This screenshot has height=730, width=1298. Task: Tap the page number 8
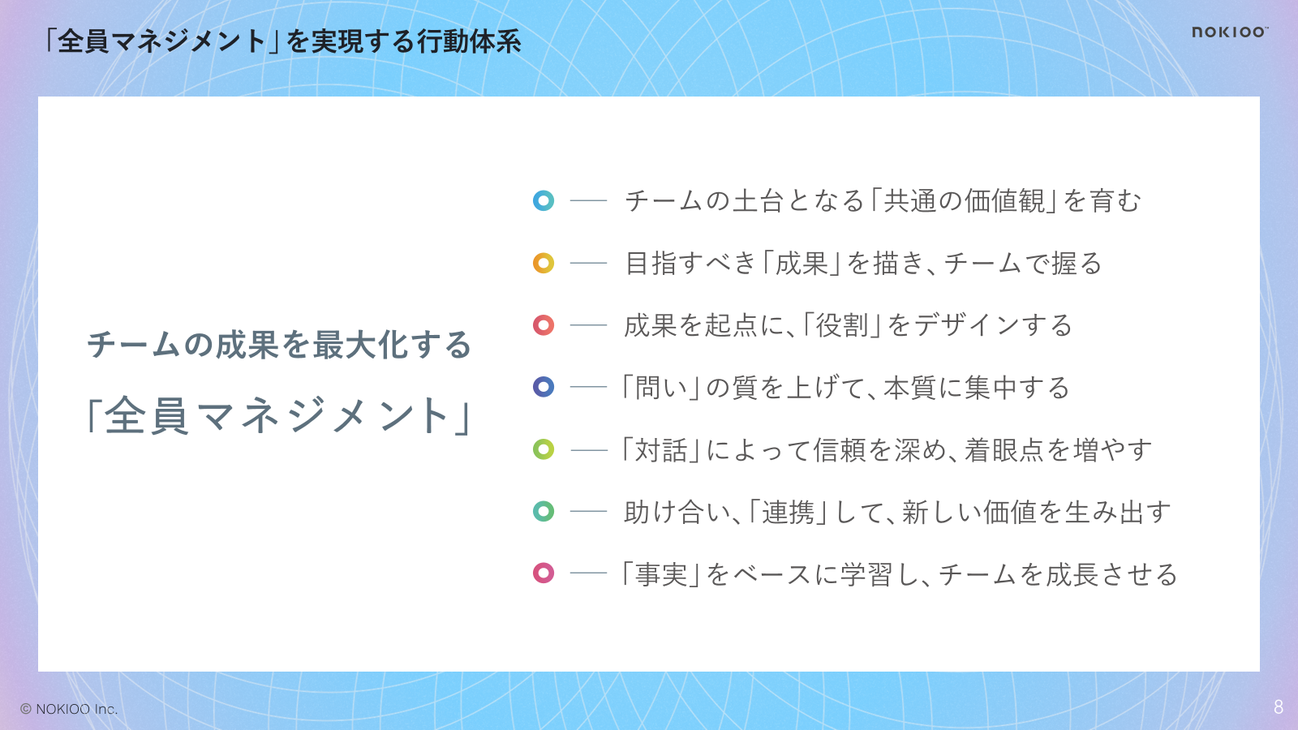pos(1279,706)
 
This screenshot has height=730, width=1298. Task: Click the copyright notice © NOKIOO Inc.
pos(69,709)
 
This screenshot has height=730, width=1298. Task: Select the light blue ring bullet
pos(544,200)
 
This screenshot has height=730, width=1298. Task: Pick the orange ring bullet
pos(544,263)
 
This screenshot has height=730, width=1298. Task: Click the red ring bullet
pos(544,325)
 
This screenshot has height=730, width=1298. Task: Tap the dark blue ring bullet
pos(544,387)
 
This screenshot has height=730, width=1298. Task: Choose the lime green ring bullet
pos(544,449)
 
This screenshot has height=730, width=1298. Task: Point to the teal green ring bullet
pos(544,512)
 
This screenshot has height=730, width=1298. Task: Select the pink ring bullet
pos(544,573)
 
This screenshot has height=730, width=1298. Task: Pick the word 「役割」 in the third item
pos(842,325)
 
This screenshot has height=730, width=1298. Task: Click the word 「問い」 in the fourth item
pos(660,388)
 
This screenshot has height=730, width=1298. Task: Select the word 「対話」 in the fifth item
pos(660,450)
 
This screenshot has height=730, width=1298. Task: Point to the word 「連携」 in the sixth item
pos(788,512)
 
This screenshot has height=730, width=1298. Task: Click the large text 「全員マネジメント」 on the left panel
pos(278,415)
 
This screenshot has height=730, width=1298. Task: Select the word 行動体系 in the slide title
pos(469,41)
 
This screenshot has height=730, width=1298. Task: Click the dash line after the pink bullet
pos(588,573)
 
